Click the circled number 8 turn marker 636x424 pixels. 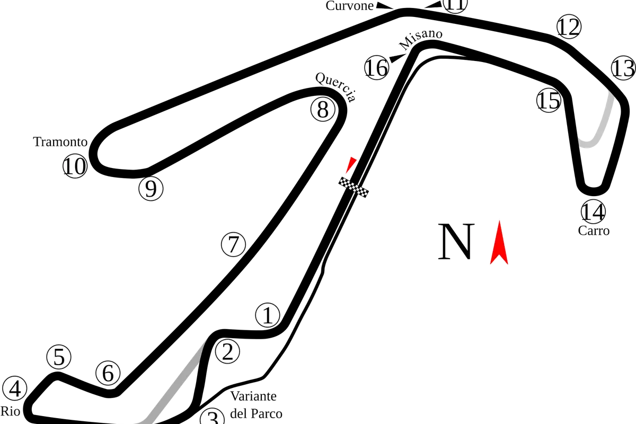(x=323, y=109)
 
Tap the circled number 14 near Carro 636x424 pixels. (x=593, y=211)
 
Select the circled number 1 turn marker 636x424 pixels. (x=268, y=315)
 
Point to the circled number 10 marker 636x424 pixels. (x=75, y=166)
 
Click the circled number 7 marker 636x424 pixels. (x=233, y=244)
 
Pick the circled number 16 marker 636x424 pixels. (x=377, y=67)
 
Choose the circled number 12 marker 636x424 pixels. (x=569, y=26)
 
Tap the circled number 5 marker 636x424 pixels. (x=59, y=357)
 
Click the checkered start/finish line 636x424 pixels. (x=354, y=187)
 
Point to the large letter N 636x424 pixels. (x=456, y=242)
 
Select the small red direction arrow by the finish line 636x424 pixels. (x=351, y=165)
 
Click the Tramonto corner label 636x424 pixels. (x=60, y=142)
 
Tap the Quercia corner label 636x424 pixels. (x=335, y=86)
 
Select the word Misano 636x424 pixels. (x=420, y=39)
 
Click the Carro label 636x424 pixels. (x=594, y=231)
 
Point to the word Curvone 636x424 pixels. (x=349, y=6)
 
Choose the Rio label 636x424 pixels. (x=10, y=411)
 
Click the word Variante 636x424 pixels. (x=253, y=396)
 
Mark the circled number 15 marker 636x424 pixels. (x=549, y=100)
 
